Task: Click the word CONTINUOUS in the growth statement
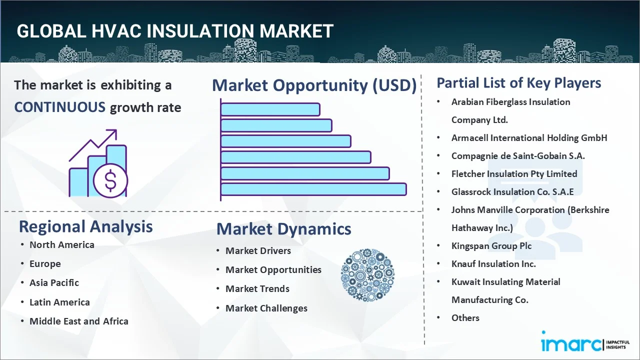(x=59, y=107)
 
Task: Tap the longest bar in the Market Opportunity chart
(x=313, y=189)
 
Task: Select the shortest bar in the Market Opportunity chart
(x=270, y=109)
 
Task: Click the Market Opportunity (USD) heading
(x=314, y=85)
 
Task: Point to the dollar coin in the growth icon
(x=110, y=180)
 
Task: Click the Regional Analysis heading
(x=85, y=226)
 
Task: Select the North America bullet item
(x=61, y=244)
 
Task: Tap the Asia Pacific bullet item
(x=54, y=282)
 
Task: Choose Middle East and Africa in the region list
(x=78, y=321)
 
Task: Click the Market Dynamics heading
(x=283, y=229)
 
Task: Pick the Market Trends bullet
(x=257, y=288)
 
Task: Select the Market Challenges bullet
(x=266, y=308)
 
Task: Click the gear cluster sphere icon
(x=367, y=275)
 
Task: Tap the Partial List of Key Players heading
(x=518, y=82)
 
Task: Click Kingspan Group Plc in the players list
(x=491, y=245)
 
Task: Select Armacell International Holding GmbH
(x=529, y=137)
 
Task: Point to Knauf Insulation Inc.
(x=493, y=263)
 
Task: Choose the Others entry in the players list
(x=465, y=317)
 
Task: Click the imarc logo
(x=570, y=344)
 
